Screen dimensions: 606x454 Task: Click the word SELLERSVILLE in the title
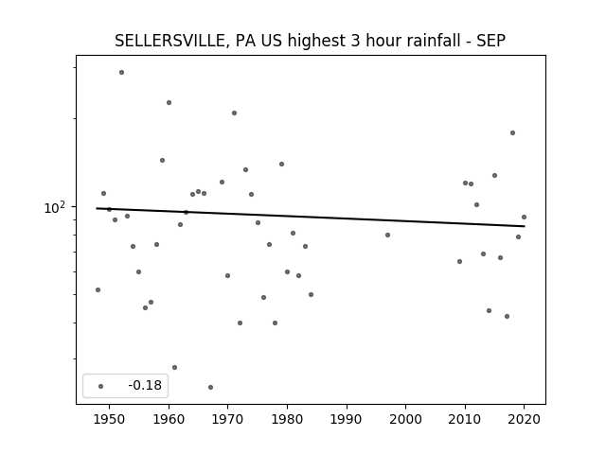pyautogui.click(x=169, y=41)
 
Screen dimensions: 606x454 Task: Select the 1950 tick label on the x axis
pyautogui.click(x=110, y=419)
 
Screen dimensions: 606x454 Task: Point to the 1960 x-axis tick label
pyautogui.click(x=169, y=419)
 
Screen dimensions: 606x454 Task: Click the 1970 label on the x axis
pyautogui.click(x=228, y=419)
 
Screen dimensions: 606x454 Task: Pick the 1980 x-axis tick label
pyautogui.click(x=287, y=419)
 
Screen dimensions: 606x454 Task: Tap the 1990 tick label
pyautogui.click(x=347, y=419)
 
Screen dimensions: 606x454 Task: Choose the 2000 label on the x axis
pyautogui.click(x=406, y=419)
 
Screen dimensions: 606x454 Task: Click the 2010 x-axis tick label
pyautogui.click(x=465, y=419)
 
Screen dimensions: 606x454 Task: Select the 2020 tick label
pyautogui.click(x=524, y=419)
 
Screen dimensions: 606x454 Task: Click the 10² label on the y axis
pyautogui.click(x=55, y=208)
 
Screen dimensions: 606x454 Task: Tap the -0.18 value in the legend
pyautogui.click(x=145, y=385)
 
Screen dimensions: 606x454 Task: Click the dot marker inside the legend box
pyautogui.click(x=101, y=386)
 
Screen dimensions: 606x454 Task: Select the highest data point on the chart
pyautogui.click(x=122, y=72)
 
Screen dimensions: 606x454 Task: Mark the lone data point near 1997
pyautogui.click(x=387, y=235)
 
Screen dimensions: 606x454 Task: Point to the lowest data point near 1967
pyautogui.click(x=210, y=387)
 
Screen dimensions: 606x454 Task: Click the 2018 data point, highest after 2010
pyautogui.click(x=513, y=132)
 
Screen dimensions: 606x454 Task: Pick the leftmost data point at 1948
pyautogui.click(x=98, y=289)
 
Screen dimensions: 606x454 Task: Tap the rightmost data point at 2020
pyautogui.click(x=524, y=217)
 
